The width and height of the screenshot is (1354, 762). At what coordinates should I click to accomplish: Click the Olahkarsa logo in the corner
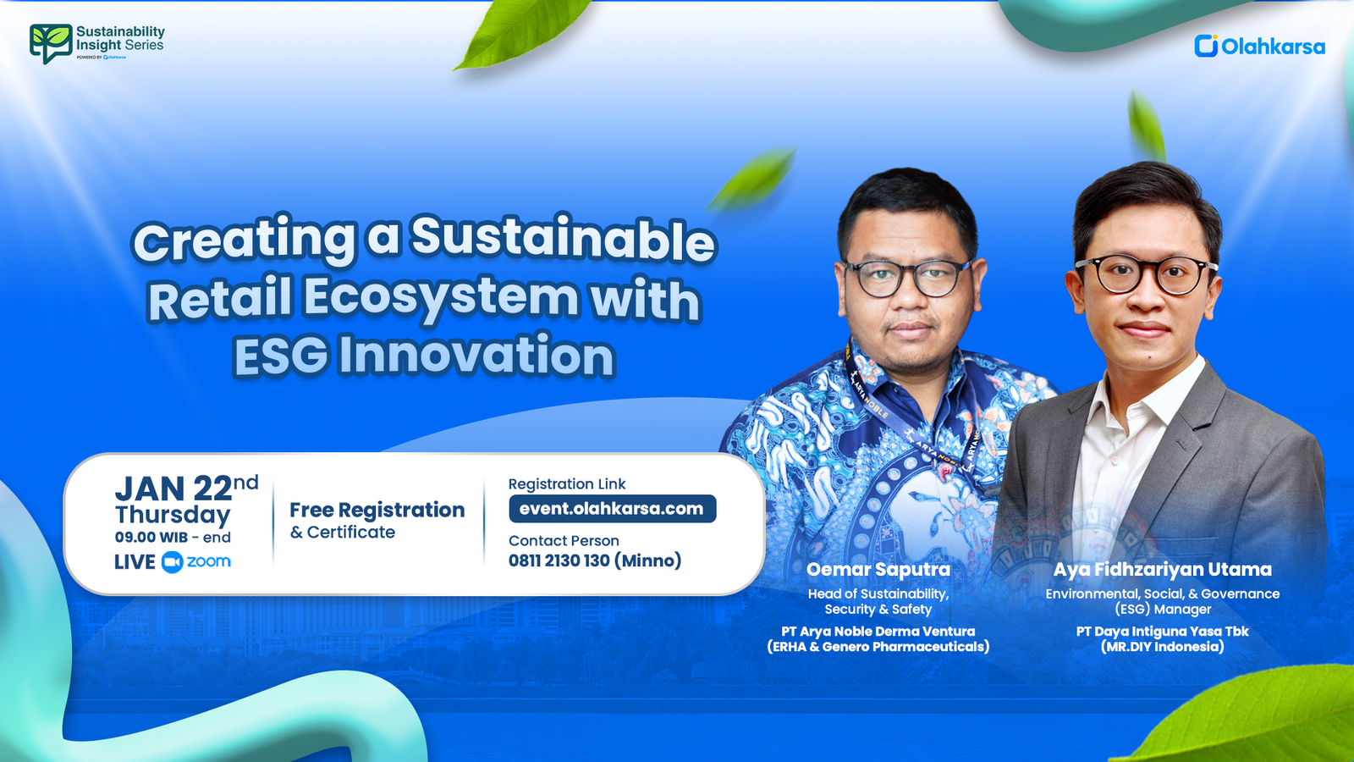[1259, 46]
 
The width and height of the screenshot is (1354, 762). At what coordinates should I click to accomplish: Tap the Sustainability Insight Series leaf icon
[50, 42]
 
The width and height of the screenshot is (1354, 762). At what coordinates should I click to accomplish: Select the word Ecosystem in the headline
[441, 298]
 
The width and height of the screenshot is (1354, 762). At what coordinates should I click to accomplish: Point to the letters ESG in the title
[281, 356]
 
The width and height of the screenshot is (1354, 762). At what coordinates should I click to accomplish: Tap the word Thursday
[173, 515]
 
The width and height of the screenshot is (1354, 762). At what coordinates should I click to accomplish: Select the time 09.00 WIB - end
[173, 538]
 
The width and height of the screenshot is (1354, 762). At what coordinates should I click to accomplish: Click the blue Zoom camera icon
[172, 562]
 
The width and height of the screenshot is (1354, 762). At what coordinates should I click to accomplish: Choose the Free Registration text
[377, 510]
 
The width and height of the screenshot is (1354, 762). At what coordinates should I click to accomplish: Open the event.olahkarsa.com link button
[612, 509]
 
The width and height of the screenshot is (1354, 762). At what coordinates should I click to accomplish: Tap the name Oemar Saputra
[878, 569]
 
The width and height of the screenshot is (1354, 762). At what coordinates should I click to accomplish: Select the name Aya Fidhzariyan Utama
[1162, 569]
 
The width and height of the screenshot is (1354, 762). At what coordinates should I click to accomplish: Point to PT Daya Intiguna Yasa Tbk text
[1162, 632]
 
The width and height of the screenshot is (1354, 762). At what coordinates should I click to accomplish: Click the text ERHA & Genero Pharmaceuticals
[878, 647]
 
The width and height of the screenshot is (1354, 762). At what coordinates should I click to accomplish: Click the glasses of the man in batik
[908, 278]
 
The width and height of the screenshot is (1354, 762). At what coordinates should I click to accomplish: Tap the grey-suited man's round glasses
[1146, 274]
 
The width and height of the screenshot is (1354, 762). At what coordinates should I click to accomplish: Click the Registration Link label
[566, 484]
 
